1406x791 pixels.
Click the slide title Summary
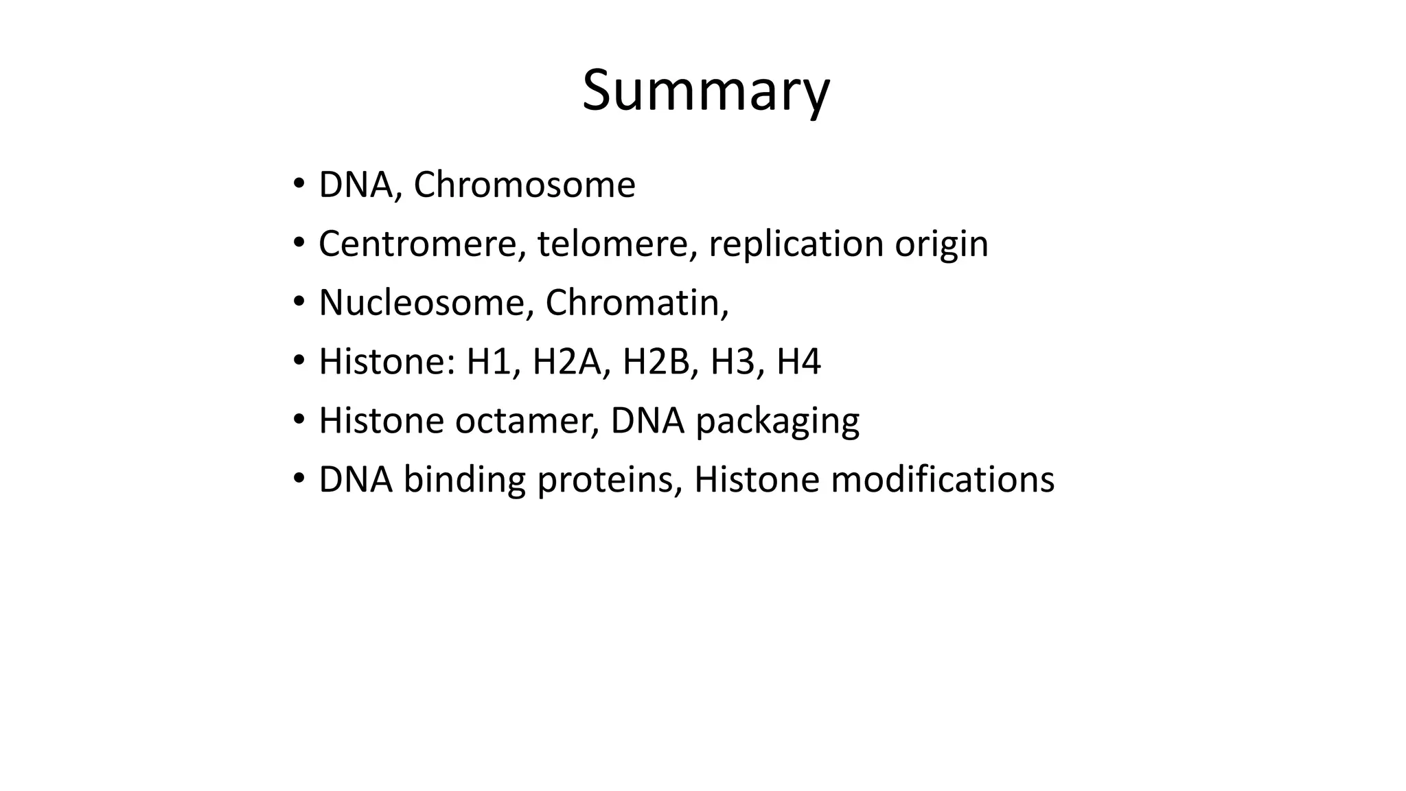[x=706, y=91]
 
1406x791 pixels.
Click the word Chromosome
[x=525, y=185]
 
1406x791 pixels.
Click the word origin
[x=941, y=245]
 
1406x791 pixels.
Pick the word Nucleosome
[x=422, y=303]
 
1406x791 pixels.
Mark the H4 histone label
[x=798, y=362]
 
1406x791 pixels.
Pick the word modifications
[x=942, y=480]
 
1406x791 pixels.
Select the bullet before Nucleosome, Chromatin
[x=299, y=302]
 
